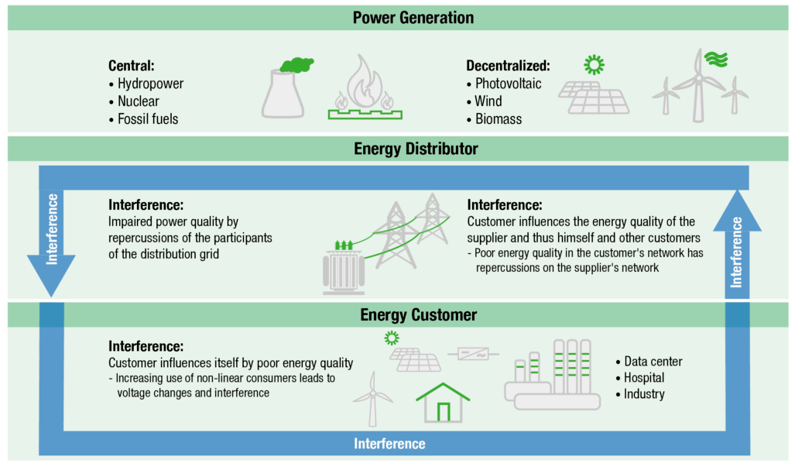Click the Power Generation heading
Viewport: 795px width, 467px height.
(413, 17)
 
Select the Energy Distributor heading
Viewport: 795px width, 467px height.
(416, 148)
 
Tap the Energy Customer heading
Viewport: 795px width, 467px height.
(419, 314)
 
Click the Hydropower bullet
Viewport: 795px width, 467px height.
(150, 84)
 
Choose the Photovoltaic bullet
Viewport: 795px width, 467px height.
(508, 84)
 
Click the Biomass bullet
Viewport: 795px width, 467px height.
(499, 119)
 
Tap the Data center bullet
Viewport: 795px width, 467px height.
(653, 361)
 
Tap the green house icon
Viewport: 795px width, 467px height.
(443, 402)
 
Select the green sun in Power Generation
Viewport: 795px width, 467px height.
(595, 65)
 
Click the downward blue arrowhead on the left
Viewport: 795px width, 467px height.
(52, 280)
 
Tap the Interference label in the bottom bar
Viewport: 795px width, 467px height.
(389, 444)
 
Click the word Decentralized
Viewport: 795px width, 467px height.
(508, 66)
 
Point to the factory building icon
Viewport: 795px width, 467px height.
(552, 376)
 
